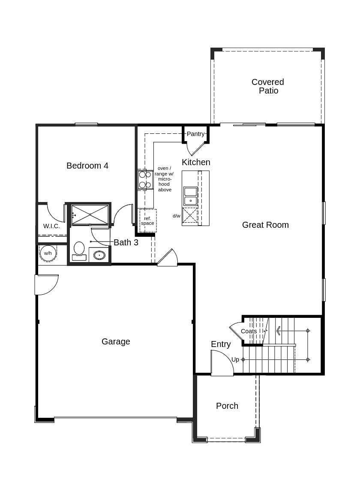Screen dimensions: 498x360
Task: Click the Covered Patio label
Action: [x=268, y=86]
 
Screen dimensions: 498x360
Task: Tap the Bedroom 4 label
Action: [x=87, y=166]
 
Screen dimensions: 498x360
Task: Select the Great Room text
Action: [x=265, y=225]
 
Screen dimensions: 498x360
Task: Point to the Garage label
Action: [x=116, y=341]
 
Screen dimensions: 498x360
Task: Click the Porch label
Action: [x=227, y=406]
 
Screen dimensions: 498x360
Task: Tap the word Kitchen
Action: [x=196, y=162]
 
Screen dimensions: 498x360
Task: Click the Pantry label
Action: [x=195, y=134]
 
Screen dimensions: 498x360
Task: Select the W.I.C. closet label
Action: [x=51, y=226]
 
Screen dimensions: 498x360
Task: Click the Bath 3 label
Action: [x=126, y=242]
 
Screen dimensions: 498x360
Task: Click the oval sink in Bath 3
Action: [x=99, y=255]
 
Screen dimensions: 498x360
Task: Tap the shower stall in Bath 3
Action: [x=90, y=214]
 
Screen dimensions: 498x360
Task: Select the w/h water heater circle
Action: [x=48, y=253]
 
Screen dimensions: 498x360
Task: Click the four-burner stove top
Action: [x=145, y=180]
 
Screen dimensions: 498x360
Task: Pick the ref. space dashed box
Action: [x=148, y=221]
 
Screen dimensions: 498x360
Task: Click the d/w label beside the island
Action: [x=177, y=216]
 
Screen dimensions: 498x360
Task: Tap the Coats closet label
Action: [x=249, y=331]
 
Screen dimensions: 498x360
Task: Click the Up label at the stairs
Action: [x=235, y=359]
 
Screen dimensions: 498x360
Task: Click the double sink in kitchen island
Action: [x=191, y=196]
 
